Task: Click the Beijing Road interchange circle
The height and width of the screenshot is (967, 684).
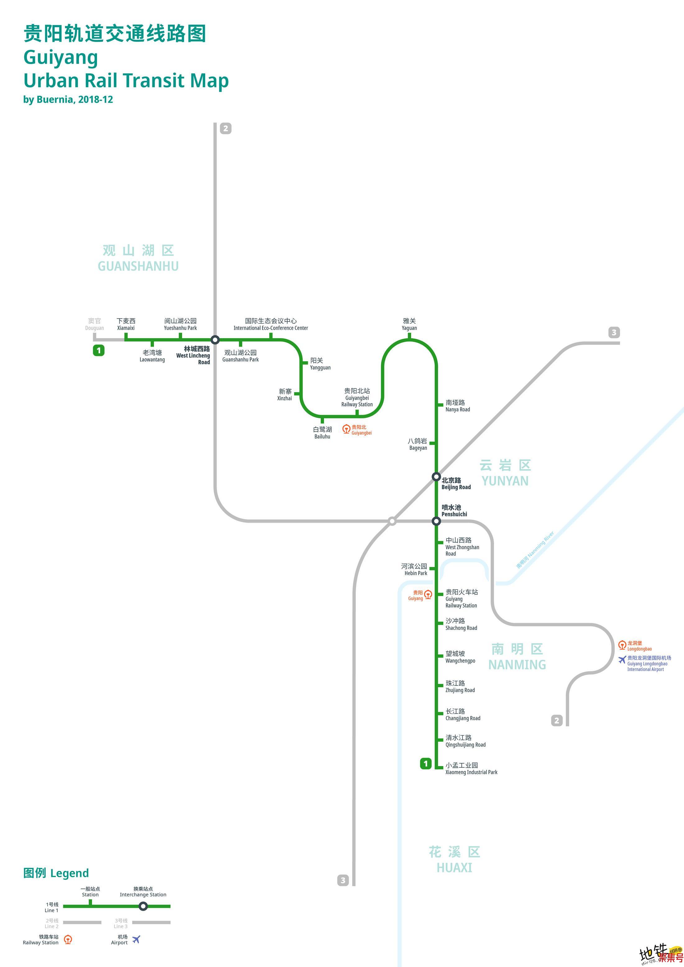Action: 436,477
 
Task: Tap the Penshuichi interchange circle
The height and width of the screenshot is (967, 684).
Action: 436,521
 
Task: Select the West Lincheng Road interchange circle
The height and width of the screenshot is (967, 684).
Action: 215,339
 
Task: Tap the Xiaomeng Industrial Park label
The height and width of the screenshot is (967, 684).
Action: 471,769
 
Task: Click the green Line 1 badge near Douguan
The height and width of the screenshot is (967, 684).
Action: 99,350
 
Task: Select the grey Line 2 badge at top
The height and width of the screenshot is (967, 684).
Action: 226,128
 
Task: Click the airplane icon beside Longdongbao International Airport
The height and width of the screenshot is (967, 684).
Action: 622,660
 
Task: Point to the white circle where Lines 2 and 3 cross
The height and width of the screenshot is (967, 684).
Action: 392,521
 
